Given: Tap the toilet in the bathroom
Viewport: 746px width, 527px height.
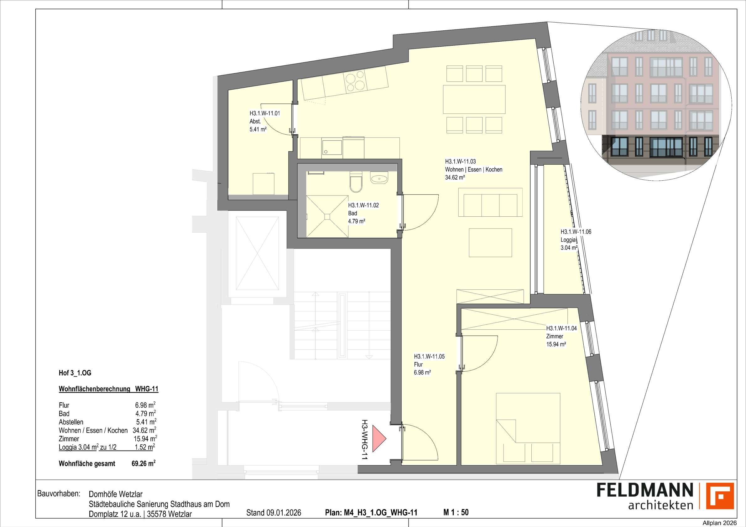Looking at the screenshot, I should [356, 183].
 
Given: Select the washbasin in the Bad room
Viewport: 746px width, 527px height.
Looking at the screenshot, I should [379, 178].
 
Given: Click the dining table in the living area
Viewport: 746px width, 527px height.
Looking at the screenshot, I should [474, 99].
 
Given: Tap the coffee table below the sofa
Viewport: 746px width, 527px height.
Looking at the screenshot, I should [490, 243].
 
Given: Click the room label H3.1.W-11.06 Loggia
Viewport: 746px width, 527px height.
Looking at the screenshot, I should [576, 232].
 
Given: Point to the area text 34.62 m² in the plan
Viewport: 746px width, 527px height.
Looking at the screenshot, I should [455, 178].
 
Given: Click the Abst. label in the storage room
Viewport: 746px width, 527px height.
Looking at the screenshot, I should [255, 121].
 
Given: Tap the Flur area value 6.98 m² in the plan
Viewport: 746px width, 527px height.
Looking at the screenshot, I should [422, 373].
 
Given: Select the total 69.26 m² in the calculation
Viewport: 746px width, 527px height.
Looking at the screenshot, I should [143, 464].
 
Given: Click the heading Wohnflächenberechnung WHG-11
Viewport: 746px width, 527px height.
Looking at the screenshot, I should [108, 389].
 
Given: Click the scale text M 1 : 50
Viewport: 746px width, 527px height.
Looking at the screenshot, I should [456, 512].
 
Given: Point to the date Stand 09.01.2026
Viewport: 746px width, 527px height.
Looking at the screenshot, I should [274, 513].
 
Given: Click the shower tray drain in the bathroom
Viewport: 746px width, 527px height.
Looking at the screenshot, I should [327, 216].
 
